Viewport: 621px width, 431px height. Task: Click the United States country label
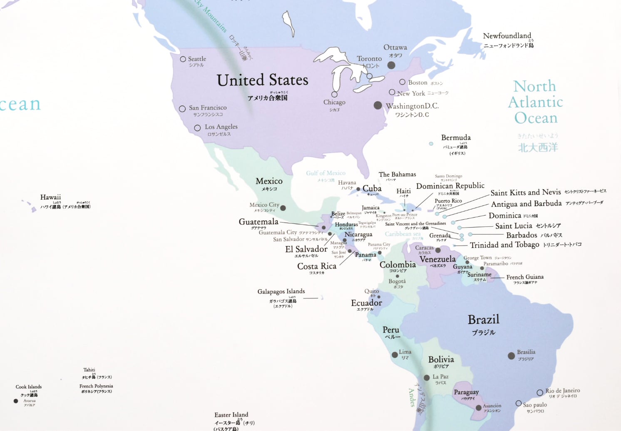pyautogui.click(x=262, y=80)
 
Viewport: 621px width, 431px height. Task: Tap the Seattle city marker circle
pyautogui.click(x=183, y=59)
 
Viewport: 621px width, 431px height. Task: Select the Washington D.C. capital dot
pyautogui.click(x=378, y=105)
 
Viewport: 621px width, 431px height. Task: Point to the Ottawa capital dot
pyautogui.click(x=391, y=65)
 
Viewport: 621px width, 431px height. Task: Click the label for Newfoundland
pyautogui.click(x=507, y=36)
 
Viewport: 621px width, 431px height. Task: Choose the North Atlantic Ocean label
pyautogui.click(x=535, y=102)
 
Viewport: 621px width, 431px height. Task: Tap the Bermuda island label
pyautogui.click(x=456, y=138)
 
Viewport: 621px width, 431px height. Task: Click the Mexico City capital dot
pyautogui.click(x=283, y=208)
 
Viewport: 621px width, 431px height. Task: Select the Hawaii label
pyautogui.click(x=50, y=197)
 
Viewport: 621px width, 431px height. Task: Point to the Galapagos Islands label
pyautogui.click(x=281, y=291)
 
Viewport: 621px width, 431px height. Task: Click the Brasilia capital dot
pyautogui.click(x=511, y=356)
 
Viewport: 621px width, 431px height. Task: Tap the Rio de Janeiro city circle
pyautogui.click(x=540, y=392)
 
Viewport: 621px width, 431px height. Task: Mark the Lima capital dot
pyautogui.click(x=395, y=355)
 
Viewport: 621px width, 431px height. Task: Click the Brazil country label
pyautogui.click(x=483, y=320)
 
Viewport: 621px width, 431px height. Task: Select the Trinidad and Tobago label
pyautogui.click(x=504, y=245)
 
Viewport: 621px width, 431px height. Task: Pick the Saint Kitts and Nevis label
pyautogui.click(x=526, y=192)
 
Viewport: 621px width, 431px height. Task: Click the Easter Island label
pyautogui.click(x=231, y=415)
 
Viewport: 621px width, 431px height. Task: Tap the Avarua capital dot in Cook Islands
pyautogui.click(x=16, y=401)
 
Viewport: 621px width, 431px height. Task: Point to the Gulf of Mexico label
pyautogui.click(x=325, y=173)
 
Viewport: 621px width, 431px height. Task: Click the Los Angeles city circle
pyautogui.click(x=197, y=128)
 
